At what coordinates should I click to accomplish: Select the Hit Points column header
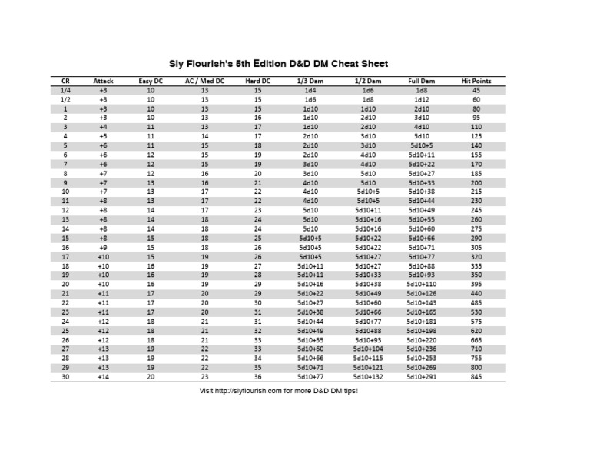pyautogui.click(x=476, y=81)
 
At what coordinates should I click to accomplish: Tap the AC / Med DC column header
pyautogui.click(x=204, y=81)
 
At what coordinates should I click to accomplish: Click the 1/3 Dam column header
pyautogui.click(x=310, y=81)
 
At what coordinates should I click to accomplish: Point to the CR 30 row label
pyautogui.click(x=65, y=377)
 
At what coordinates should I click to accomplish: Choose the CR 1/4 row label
pyautogui.click(x=65, y=90)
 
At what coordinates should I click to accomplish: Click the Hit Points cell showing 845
pyautogui.click(x=476, y=377)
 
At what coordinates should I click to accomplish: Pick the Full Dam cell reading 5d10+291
pyautogui.click(x=422, y=377)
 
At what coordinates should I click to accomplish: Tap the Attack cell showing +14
pyautogui.click(x=103, y=377)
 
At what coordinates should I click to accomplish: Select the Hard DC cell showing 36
pyautogui.click(x=257, y=377)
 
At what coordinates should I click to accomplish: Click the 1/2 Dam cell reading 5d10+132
pyautogui.click(x=368, y=377)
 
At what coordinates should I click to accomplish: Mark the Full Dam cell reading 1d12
pyautogui.click(x=422, y=99)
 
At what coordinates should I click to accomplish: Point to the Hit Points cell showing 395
pyautogui.click(x=476, y=284)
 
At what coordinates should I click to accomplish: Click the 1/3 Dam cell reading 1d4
pyautogui.click(x=310, y=90)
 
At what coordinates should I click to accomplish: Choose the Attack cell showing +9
pyautogui.click(x=103, y=247)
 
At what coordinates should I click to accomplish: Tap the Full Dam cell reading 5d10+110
pyautogui.click(x=422, y=284)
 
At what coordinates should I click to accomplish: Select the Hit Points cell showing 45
pyautogui.click(x=476, y=90)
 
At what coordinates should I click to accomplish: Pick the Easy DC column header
pyautogui.click(x=151, y=81)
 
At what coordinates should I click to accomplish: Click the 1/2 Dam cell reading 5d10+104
pyautogui.click(x=368, y=349)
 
